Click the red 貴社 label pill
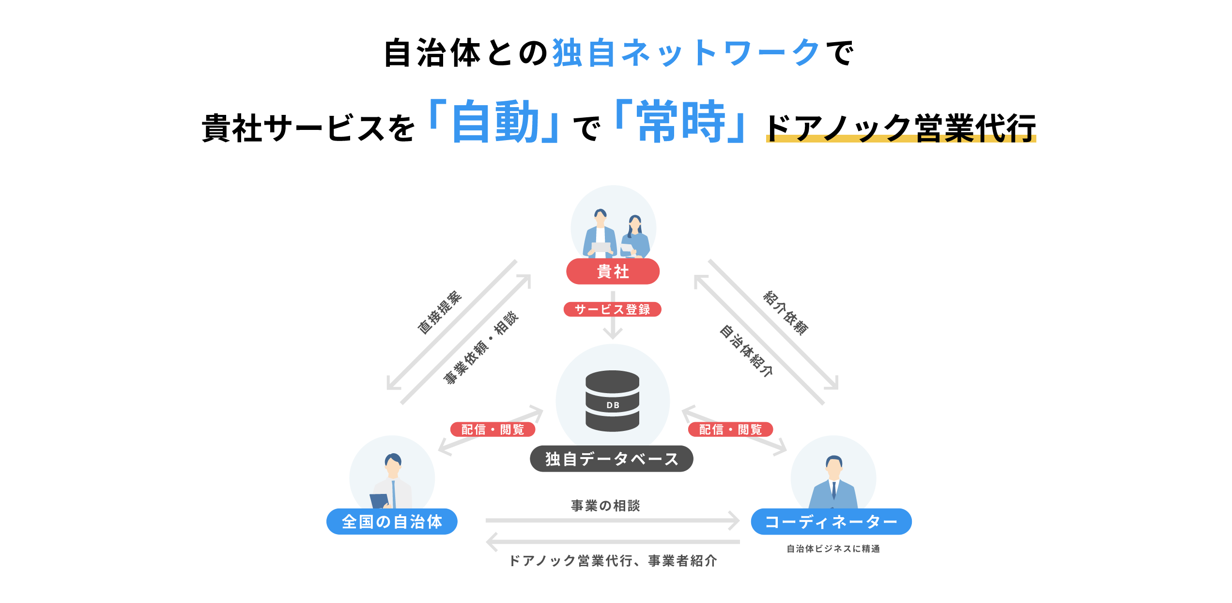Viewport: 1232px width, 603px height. tap(613, 271)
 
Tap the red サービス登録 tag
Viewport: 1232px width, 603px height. tap(612, 309)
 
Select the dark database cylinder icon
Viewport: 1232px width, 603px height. tap(612, 401)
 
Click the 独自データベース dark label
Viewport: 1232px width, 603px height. tap(611, 459)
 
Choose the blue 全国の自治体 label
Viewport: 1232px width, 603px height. tap(392, 522)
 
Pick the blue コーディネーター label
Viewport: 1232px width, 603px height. tap(831, 522)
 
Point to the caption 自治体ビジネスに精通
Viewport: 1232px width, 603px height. tap(833, 549)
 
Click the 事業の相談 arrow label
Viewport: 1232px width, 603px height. tap(605, 506)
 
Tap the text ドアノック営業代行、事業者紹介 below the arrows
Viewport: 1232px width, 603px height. tap(613, 561)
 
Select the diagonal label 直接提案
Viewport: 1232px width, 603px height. tap(440, 313)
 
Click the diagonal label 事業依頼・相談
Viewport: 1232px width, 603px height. tap(481, 348)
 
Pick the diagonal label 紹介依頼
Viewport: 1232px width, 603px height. tap(785, 313)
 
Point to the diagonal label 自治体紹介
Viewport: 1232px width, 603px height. tap(746, 351)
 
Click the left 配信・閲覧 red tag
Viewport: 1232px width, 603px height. tap(493, 429)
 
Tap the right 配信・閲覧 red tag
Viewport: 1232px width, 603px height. tap(730, 429)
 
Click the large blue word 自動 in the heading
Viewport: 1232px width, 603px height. tap(495, 122)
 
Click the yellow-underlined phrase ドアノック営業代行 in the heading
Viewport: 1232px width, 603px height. tap(901, 128)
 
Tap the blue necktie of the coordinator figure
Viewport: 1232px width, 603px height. tap(834, 490)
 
